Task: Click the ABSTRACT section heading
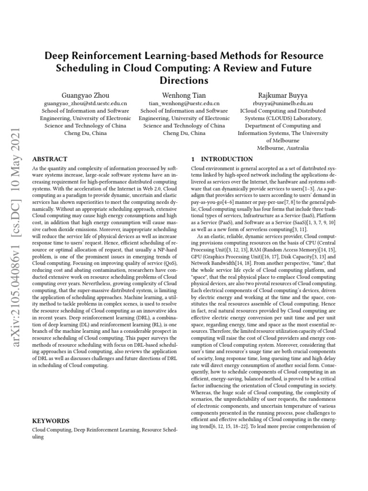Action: click(x=49, y=159)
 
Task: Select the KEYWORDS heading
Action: click(x=51, y=421)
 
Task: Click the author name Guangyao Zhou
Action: click(x=85, y=95)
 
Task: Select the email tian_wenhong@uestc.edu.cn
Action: click(x=184, y=103)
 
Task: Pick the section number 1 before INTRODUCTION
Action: click(x=193, y=159)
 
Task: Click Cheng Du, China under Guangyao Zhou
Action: click(x=85, y=133)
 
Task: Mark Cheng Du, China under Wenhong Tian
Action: click(x=184, y=133)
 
